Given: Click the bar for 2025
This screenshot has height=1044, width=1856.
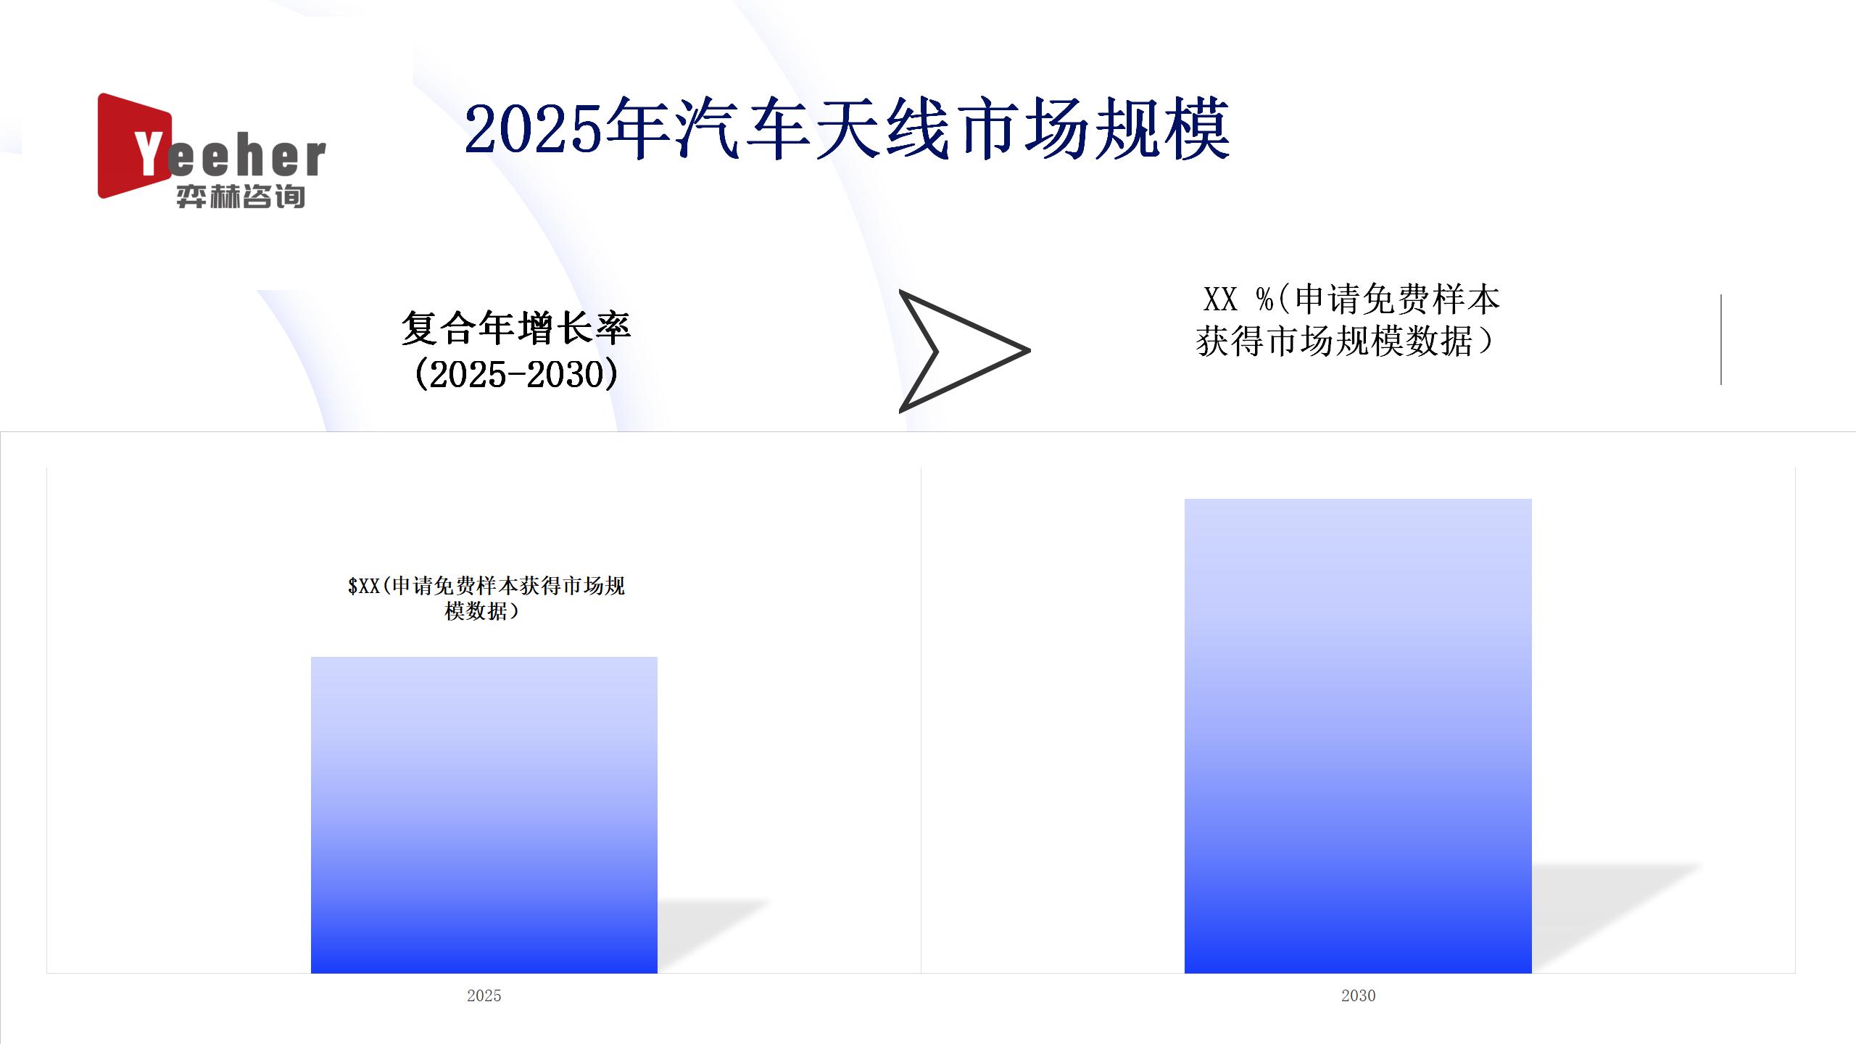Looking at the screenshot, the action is [484, 815].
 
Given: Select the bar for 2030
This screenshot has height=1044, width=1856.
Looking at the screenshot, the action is [1358, 736].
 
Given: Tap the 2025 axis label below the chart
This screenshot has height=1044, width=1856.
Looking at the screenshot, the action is [484, 995].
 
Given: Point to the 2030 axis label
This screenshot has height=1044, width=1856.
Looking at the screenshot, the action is [1358, 995].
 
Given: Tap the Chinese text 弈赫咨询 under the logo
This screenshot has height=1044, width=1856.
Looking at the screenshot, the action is [241, 196].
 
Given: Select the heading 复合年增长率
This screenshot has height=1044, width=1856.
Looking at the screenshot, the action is [516, 328].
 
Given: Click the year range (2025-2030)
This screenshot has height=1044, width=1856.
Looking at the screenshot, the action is [516, 374].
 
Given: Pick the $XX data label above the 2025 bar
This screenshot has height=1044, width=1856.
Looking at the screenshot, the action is [486, 598].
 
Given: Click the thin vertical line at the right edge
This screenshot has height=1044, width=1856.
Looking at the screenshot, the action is [1721, 339].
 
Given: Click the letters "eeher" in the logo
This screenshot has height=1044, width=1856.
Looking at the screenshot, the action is [246, 157].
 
